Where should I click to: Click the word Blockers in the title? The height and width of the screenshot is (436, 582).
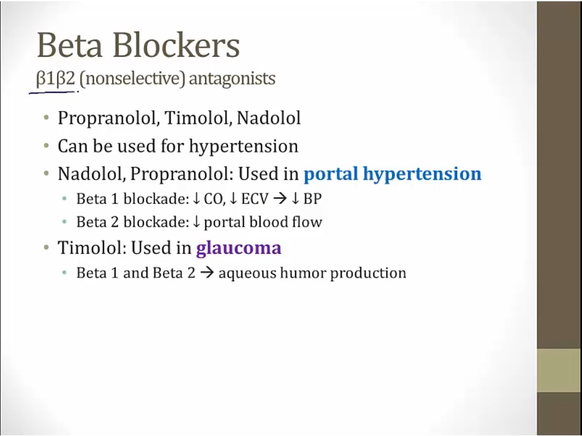[176, 45]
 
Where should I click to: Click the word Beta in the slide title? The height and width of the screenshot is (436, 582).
[69, 45]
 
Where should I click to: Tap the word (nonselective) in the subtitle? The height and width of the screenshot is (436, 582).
[132, 79]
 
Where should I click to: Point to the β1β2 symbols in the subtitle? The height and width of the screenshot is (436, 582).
[56, 79]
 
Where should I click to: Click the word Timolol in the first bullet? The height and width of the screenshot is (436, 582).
[198, 118]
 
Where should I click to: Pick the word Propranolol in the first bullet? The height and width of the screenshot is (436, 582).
[109, 119]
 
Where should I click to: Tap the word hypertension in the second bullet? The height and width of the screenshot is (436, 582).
[244, 147]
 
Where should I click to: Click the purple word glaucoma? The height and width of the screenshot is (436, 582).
[239, 248]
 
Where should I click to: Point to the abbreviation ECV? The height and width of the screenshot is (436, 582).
[255, 199]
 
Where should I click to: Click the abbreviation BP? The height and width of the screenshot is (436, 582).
[312, 199]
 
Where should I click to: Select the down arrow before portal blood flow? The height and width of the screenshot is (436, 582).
[197, 222]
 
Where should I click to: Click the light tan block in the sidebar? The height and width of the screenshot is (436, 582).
[559, 370]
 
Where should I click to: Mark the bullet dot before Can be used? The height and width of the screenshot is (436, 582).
[47, 146]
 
